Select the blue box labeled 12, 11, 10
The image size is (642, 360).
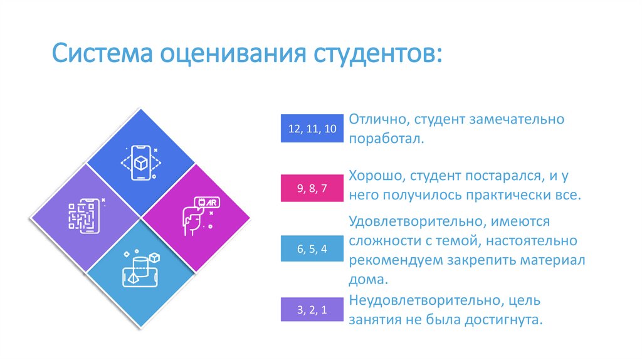(x=312, y=129)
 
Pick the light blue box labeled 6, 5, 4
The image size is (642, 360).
(x=312, y=249)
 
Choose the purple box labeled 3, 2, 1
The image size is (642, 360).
(x=312, y=309)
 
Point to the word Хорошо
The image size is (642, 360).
(x=374, y=177)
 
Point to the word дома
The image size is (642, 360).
(x=367, y=280)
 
